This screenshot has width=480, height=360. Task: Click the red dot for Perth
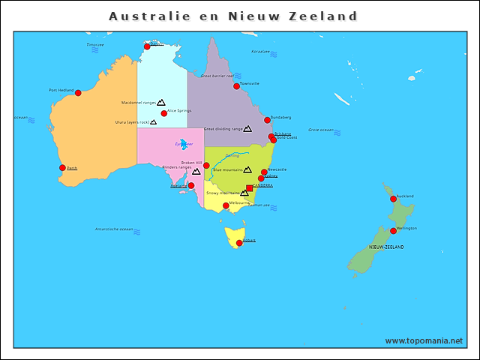pos(62,168)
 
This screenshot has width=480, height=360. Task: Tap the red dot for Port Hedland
pos(78,93)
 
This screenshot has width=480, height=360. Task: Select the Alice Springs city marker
pos(164,113)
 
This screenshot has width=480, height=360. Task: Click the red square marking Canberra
pos(250,188)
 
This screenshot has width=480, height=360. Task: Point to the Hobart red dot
pos(239,243)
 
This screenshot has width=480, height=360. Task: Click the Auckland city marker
pos(393,199)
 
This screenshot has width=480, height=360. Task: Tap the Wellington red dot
pos(393,231)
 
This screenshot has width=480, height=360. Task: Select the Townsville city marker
pos(236,86)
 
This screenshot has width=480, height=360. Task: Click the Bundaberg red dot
pos(267,120)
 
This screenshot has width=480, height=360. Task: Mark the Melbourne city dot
pos(226,205)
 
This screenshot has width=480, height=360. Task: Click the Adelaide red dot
pos(191,185)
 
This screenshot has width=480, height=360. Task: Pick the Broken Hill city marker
pos(206,165)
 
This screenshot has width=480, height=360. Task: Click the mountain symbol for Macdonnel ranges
pos(161,102)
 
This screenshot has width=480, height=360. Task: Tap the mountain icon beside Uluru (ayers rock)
pos(154,121)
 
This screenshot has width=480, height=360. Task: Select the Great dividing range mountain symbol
pos(247,129)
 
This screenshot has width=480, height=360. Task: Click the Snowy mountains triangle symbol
pos(244,193)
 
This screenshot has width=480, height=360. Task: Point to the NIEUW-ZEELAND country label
pos(386,247)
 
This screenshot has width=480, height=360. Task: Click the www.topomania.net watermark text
pos(424,341)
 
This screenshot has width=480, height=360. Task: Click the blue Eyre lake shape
pos(184,144)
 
